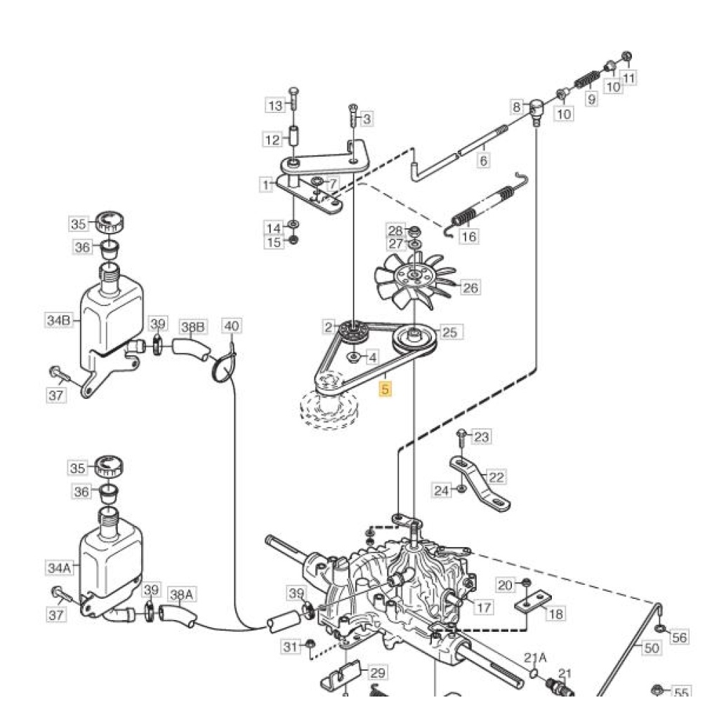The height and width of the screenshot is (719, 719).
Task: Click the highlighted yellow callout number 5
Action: [x=385, y=389]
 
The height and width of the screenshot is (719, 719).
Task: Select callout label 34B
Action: [x=59, y=320]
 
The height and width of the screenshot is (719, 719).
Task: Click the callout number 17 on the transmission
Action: [x=484, y=607]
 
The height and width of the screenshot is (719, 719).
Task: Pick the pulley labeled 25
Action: [x=414, y=341]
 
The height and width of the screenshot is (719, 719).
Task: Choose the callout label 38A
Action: [x=182, y=595]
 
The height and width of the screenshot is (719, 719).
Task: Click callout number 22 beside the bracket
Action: [x=496, y=477]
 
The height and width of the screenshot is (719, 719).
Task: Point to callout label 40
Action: [x=232, y=326]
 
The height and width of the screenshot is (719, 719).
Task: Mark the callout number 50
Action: [x=652, y=648]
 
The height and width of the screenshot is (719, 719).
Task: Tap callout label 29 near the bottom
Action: [x=378, y=673]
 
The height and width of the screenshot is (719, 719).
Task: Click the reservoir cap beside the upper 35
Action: [x=110, y=223]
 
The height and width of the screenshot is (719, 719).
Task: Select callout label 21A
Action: [x=536, y=658]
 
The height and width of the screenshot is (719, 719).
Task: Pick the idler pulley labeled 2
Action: [x=354, y=332]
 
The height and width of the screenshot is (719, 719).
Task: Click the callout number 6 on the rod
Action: [x=483, y=161]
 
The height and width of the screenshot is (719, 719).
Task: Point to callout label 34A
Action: [x=59, y=567]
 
